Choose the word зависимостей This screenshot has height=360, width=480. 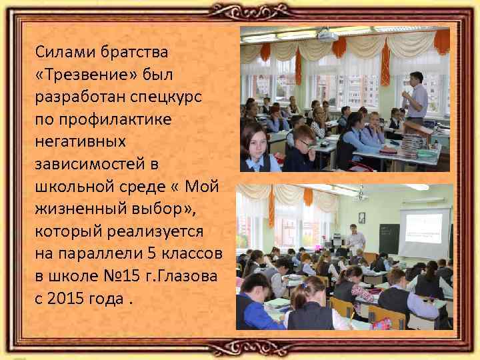[86, 163]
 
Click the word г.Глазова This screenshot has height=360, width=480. [182, 275]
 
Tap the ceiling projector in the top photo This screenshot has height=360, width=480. [327, 35]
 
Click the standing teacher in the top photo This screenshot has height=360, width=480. [416, 100]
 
